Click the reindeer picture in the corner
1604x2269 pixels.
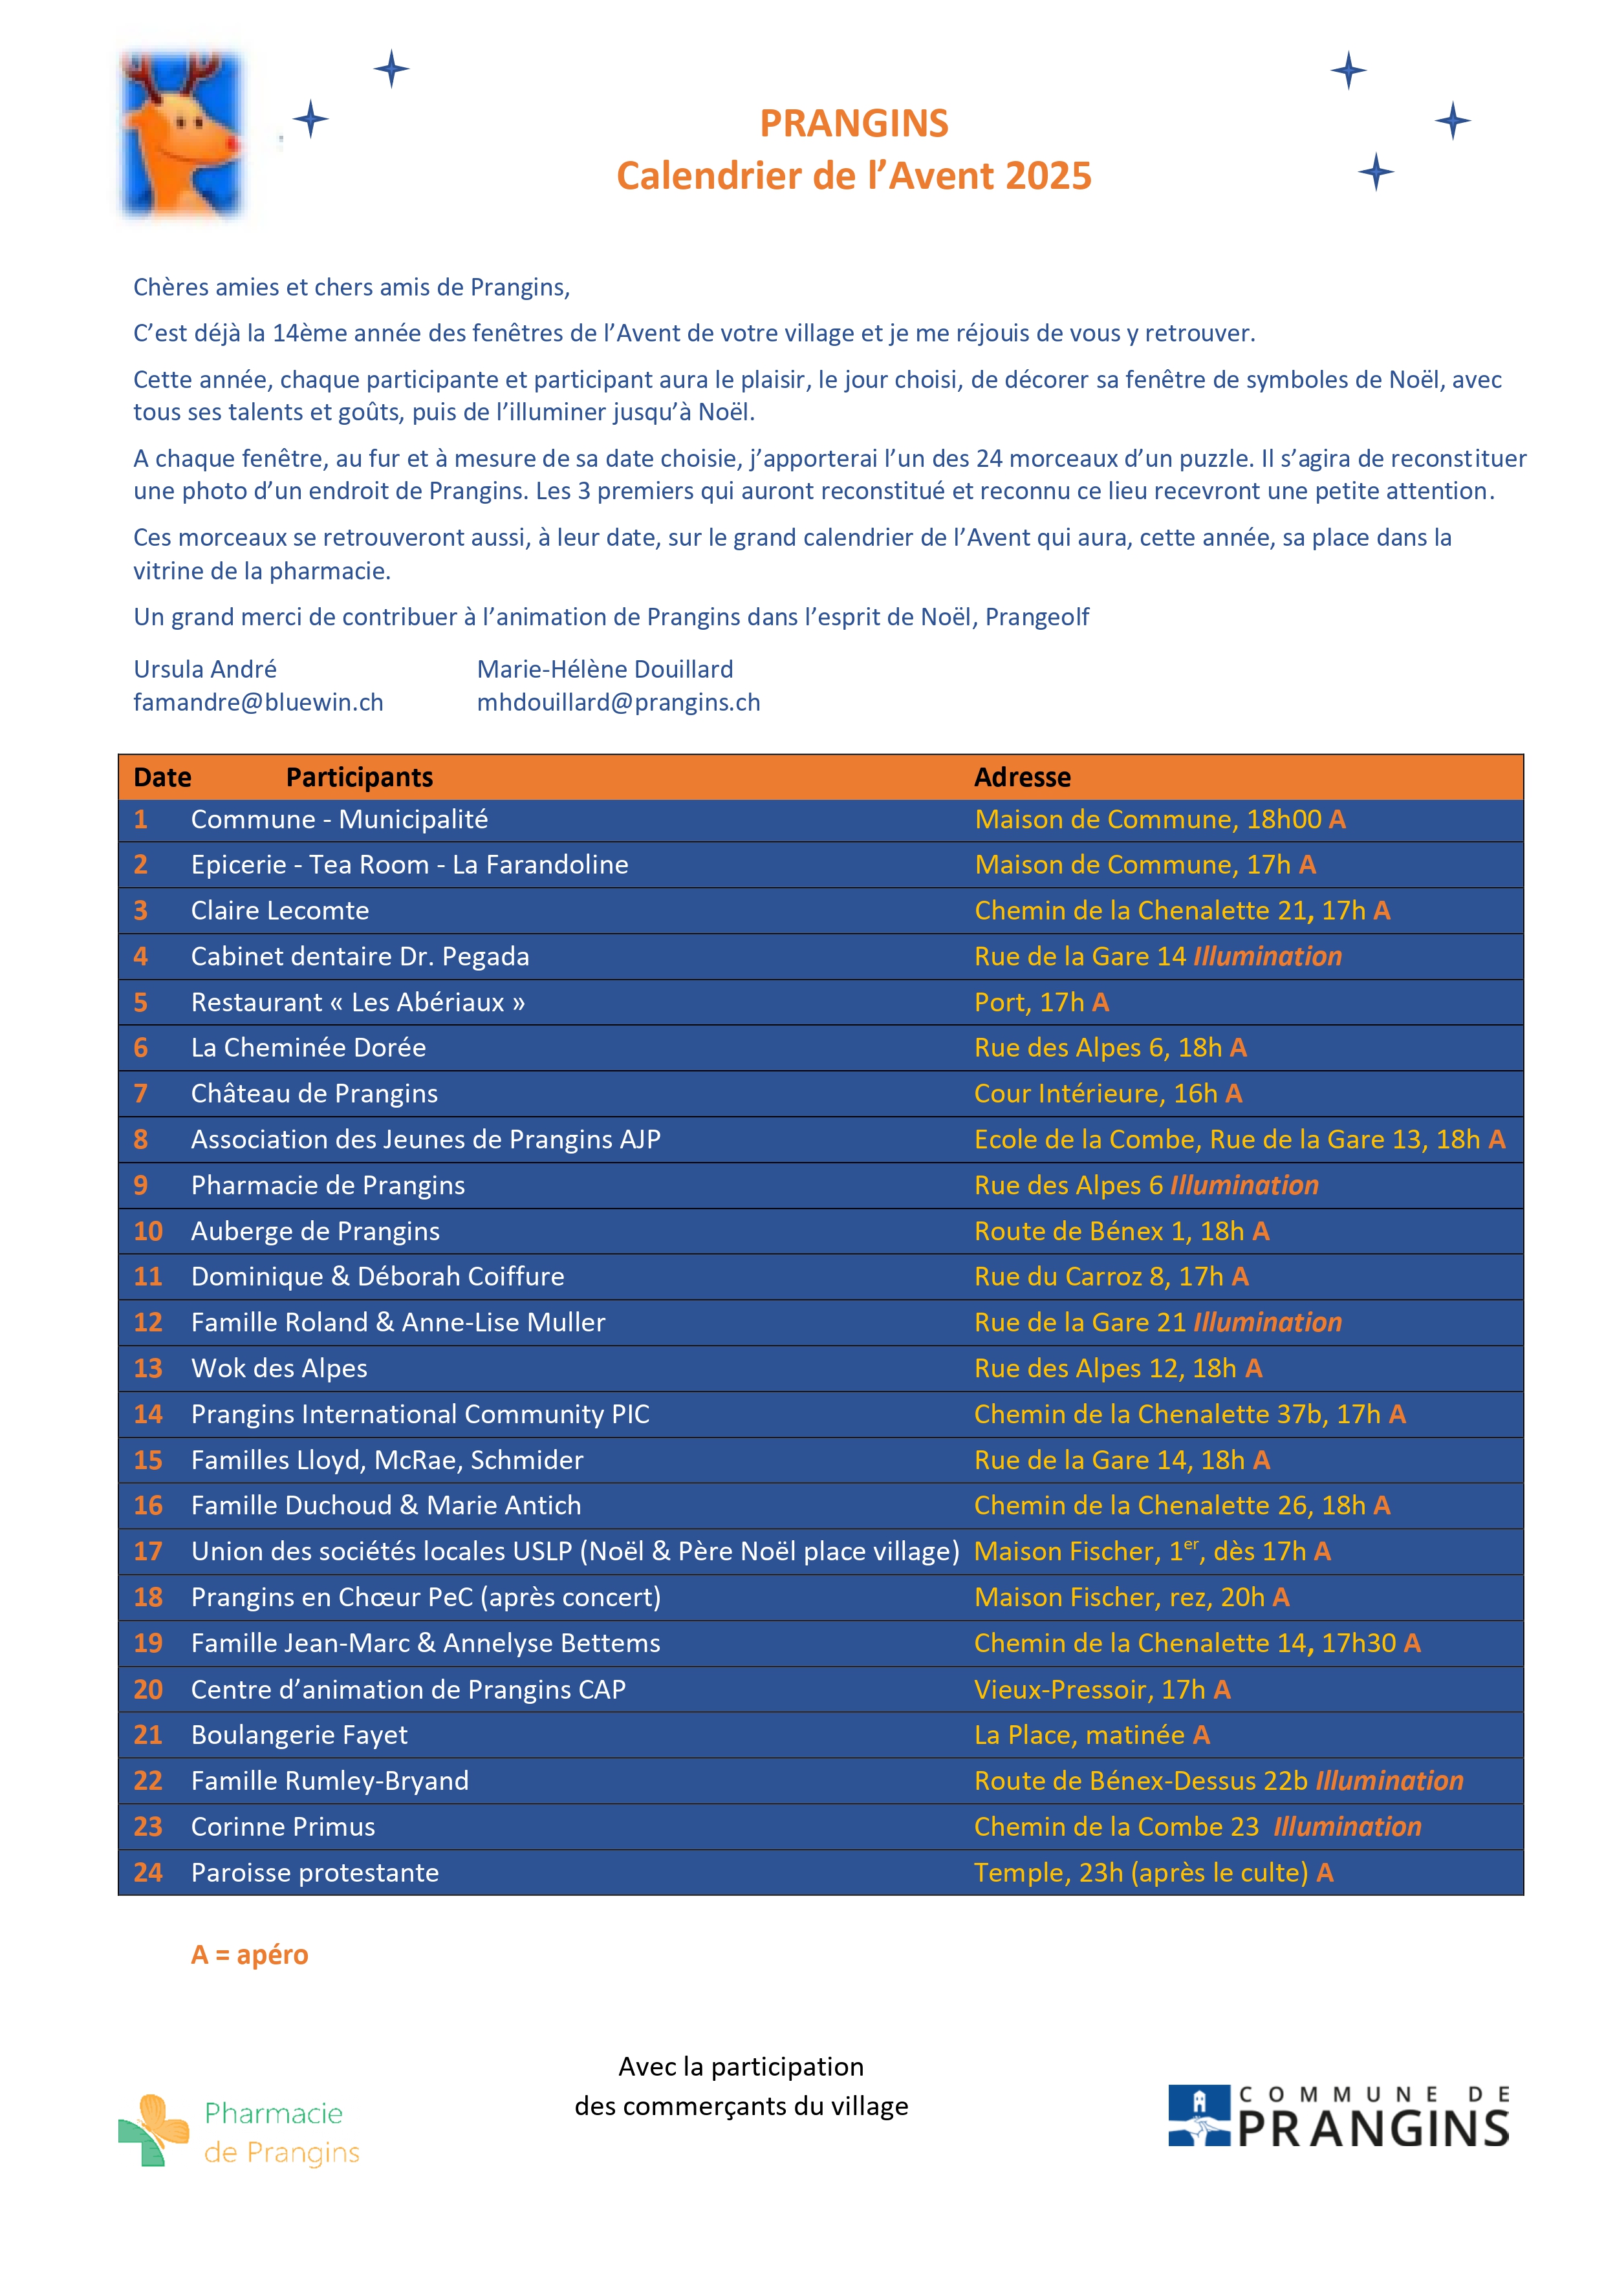coord(181,133)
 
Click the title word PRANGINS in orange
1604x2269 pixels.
coord(853,124)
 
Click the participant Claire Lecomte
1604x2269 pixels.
coord(279,910)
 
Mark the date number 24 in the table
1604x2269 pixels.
coord(147,1872)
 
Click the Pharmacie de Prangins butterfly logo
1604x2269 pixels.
coord(153,2130)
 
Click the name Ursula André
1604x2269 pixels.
coord(204,669)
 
